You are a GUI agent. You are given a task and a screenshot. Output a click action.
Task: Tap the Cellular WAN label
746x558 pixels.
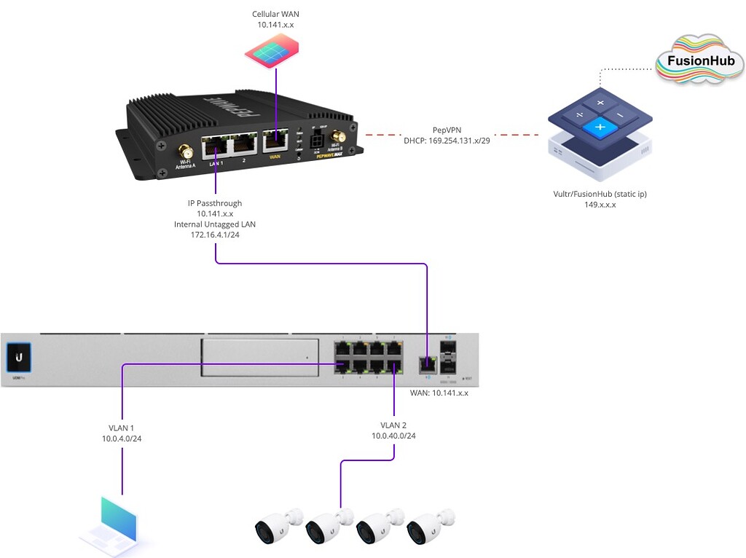[275, 15]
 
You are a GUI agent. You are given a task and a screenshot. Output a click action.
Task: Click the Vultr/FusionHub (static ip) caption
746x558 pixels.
[600, 194]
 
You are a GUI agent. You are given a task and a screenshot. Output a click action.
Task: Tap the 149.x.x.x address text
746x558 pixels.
[600, 205]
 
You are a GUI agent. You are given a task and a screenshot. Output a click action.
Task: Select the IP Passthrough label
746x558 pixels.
[215, 203]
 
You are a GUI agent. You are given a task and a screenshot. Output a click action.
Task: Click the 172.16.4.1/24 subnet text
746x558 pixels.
[215, 235]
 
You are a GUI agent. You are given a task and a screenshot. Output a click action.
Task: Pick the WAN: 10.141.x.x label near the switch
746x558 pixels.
[439, 393]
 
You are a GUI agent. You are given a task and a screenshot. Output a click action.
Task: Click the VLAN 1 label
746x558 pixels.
[122, 428]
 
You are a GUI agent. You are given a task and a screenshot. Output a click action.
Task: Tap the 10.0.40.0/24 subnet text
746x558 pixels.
[393, 436]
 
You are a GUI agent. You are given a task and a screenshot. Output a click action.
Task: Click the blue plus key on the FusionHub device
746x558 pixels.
[600, 128]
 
